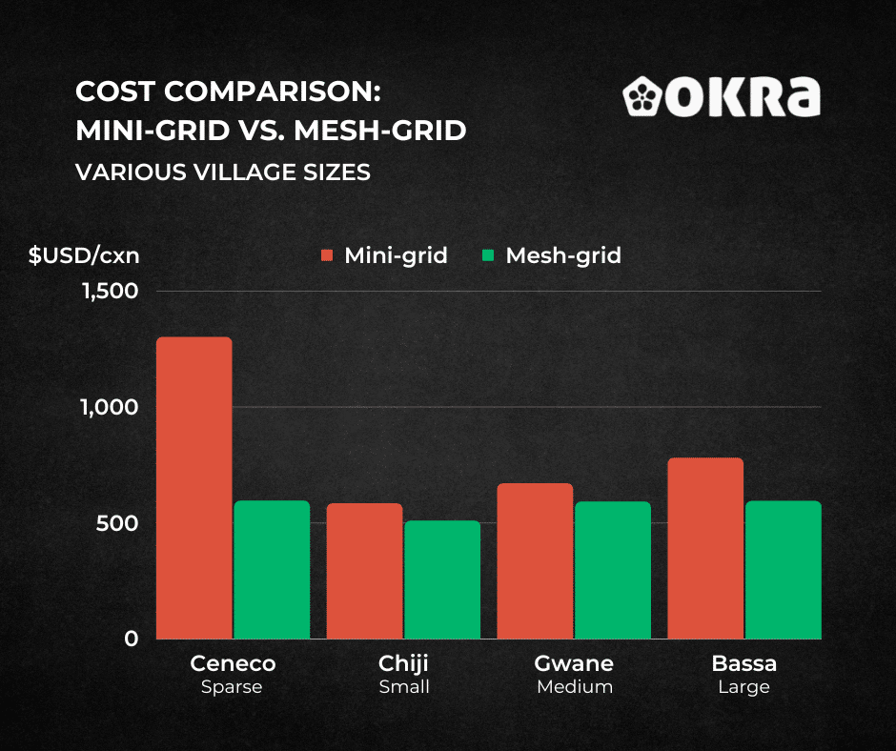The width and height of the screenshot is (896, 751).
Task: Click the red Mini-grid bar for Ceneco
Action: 194,488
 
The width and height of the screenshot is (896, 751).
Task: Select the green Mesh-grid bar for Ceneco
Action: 272,570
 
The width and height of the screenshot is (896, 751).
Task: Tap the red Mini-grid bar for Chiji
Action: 364,571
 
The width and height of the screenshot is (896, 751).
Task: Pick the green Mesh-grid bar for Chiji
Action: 441,579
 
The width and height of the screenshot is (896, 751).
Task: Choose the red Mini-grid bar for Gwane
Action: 535,561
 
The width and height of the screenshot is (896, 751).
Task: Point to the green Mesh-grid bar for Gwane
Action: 612,570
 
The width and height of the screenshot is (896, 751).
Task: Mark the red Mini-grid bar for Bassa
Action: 705,548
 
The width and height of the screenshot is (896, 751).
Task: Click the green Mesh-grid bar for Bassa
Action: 783,570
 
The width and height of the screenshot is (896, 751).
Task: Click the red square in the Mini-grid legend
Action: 327,255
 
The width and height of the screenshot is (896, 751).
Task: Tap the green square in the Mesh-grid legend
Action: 488,255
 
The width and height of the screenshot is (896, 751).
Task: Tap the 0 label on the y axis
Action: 131,639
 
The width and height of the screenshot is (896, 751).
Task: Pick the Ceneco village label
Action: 233,663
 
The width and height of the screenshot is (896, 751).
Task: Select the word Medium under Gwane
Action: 574,687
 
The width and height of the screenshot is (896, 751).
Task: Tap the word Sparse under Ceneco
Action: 232,687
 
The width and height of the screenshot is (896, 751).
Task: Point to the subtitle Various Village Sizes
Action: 223,173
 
